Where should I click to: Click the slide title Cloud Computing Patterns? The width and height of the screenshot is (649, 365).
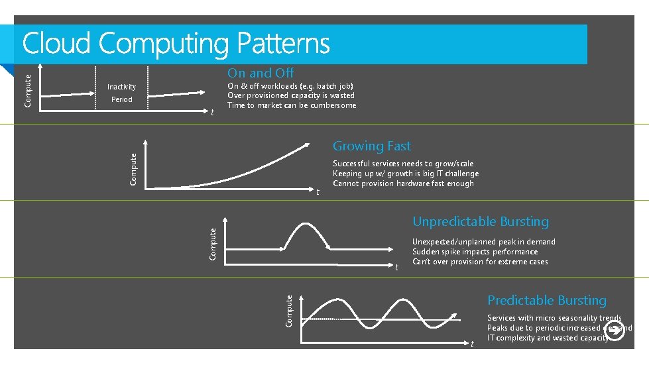point(176,44)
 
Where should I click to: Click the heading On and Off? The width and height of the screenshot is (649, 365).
point(261,73)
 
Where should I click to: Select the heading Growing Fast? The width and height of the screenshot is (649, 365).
point(371,146)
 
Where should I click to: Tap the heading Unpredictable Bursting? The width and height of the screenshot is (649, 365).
point(481,221)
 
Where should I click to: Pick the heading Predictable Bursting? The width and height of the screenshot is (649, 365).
point(547,300)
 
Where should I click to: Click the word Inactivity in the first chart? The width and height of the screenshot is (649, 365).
point(121,87)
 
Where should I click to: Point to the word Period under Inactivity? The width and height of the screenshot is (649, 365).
point(121,99)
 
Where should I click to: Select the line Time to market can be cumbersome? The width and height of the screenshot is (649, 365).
point(292,105)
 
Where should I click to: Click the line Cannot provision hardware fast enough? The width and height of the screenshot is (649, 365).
point(403,183)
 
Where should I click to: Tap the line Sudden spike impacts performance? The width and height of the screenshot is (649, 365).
point(475,252)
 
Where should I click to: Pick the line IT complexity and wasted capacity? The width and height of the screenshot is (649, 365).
point(548,338)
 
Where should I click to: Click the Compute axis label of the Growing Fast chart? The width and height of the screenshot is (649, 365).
point(133,170)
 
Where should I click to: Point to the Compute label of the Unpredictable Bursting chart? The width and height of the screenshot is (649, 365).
point(213,244)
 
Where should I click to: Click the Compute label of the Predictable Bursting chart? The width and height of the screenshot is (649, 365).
point(289,311)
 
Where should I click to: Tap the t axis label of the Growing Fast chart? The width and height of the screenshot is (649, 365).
point(318,192)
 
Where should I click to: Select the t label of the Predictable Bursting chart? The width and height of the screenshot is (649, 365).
point(472,344)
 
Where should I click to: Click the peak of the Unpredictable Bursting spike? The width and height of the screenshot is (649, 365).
point(305,223)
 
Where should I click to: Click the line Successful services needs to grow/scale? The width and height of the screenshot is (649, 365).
point(403,164)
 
